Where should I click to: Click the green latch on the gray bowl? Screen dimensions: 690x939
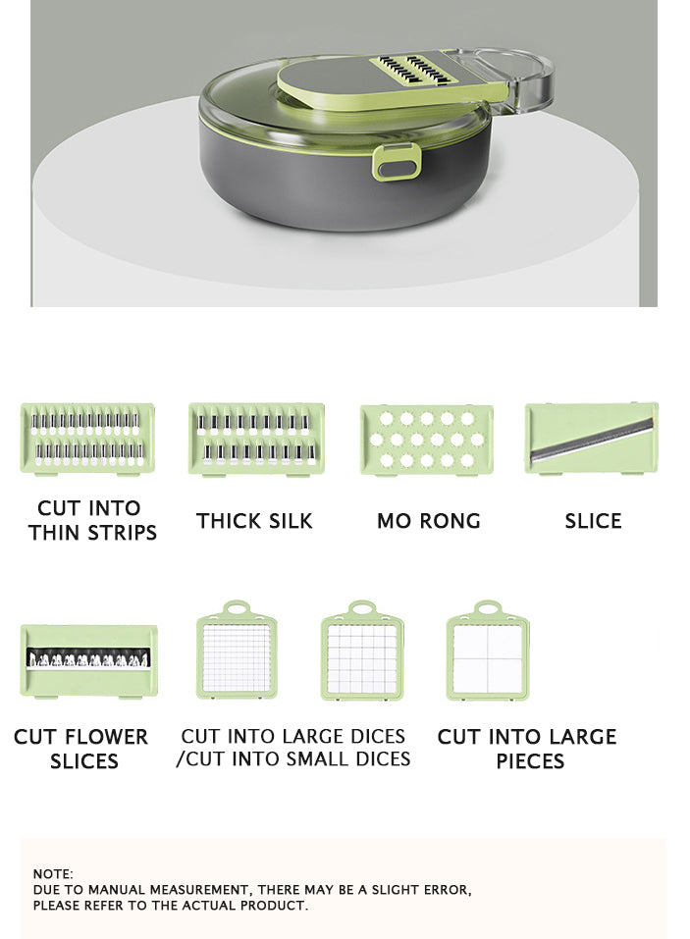(x=396, y=162)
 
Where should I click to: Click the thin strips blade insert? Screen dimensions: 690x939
(x=87, y=439)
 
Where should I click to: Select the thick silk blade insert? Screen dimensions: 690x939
(x=256, y=440)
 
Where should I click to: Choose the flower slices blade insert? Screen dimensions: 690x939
(x=88, y=661)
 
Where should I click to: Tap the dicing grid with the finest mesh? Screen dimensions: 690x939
(x=238, y=651)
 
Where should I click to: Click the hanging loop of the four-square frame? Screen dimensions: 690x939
(x=488, y=608)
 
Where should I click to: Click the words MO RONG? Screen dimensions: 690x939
(x=429, y=521)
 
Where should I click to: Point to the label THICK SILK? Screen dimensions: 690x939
(x=254, y=521)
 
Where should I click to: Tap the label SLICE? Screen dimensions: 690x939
(x=593, y=521)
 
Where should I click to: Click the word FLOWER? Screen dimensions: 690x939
(x=105, y=737)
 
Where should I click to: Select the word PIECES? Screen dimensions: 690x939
(x=530, y=761)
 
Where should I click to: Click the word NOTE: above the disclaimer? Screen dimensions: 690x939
(x=53, y=873)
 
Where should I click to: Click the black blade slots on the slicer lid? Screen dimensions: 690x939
(x=416, y=70)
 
